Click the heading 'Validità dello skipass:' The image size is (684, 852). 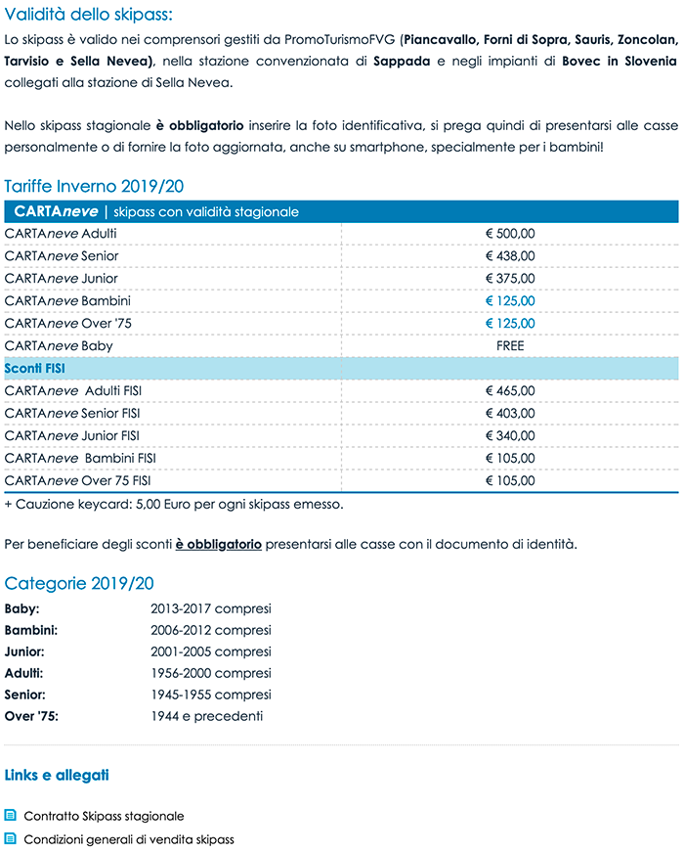pos(88,14)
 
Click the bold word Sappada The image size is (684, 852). pos(403,62)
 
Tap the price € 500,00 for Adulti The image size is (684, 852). pos(510,234)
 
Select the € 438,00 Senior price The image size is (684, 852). pos(510,256)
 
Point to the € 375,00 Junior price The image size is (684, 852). pos(510,279)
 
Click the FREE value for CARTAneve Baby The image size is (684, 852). pos(510,346)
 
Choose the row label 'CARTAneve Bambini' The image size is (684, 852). pos(67,301)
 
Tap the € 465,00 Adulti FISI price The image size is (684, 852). pos(510,391)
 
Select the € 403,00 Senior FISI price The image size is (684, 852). pos(510,414)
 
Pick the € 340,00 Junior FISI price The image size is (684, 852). pos(510,436)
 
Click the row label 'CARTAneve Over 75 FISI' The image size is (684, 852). pos(78,481)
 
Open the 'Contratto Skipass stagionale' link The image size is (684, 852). pos(104,816)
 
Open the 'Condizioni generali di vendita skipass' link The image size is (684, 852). pos(129,839)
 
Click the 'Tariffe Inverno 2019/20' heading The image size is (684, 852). pos(94,186)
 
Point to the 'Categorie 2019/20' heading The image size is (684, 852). pos(79,584)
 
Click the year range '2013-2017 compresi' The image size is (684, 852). pos(210,608)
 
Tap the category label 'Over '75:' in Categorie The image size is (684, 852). pos(31,716)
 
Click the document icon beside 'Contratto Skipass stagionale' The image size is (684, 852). pos(11,816)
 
